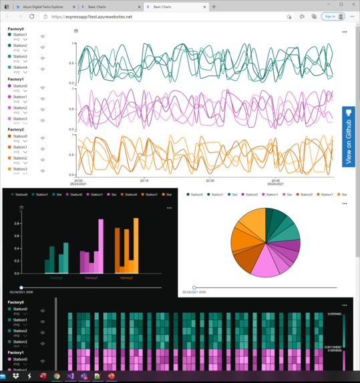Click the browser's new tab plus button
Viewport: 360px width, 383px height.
click(214, 6)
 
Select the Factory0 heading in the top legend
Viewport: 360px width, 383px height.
click(15, 29)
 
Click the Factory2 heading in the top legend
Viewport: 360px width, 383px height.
click(15, 130)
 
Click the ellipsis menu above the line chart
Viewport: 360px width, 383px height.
click(344, 31)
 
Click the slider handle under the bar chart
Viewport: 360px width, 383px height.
click(21, 287)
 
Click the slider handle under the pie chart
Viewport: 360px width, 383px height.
click(194, 287)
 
